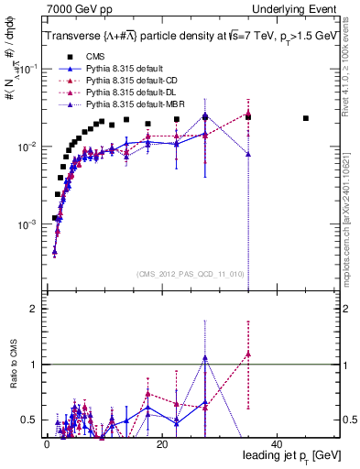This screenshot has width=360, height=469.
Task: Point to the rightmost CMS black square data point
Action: click(x=306, y=118)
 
